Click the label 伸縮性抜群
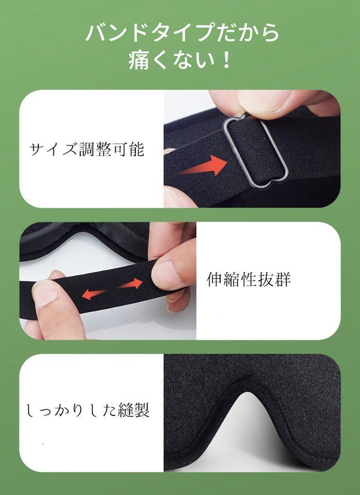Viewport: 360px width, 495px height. pyautogui.click(x=249, y=280)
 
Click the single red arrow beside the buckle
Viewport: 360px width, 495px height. pyautogui.click(x=203, y=168)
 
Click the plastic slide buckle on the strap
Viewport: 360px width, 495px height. pyautogui.click(x=255, y=152)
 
